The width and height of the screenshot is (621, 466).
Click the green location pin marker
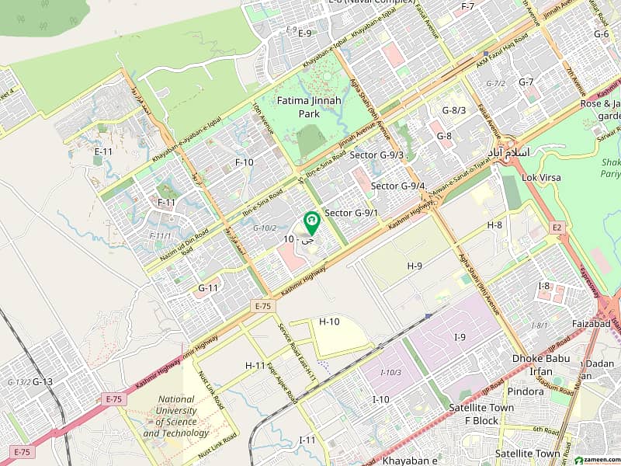tap(311, 223)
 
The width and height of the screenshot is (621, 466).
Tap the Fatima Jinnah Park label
tap(310, 107)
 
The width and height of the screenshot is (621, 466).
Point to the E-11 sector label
tap(103, 151)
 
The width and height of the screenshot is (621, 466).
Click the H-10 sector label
tap(330, 322)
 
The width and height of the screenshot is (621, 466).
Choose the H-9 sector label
tap(415, 266)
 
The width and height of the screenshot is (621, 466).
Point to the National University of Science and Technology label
tap(175, 416)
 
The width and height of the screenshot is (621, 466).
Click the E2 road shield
tap(556, 227)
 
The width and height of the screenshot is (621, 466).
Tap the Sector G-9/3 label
tap(376, 155)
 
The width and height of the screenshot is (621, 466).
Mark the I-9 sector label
tap(460, 336)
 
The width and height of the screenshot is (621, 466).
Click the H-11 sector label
tap(255, 365)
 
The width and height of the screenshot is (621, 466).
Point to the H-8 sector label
tap(495, 224)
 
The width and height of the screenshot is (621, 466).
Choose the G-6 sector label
tap(602, 34)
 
